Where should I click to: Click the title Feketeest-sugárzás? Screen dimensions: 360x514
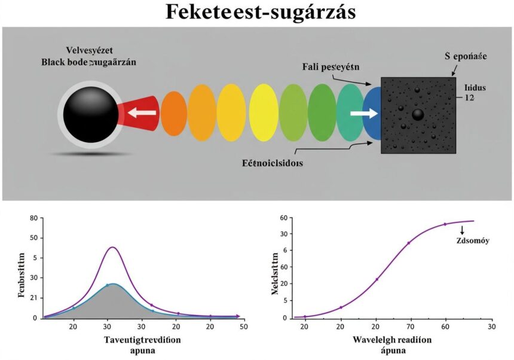tap(257, 13)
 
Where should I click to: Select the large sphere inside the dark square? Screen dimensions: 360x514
tap(418, 114)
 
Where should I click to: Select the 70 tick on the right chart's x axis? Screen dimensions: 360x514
tap(411, 326)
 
